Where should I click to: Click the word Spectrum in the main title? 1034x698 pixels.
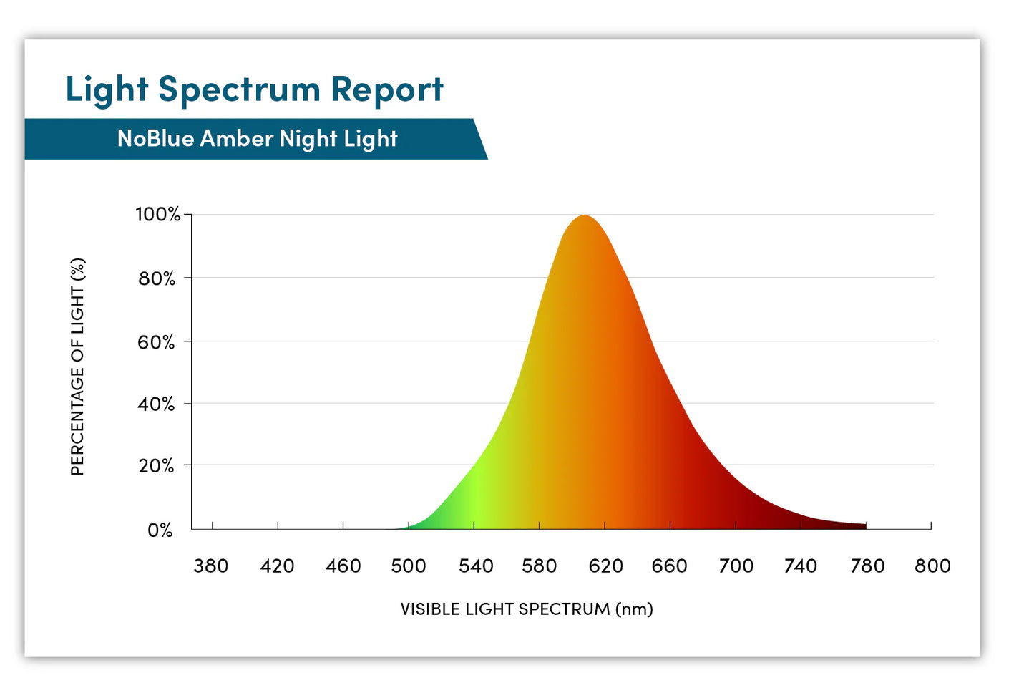239,91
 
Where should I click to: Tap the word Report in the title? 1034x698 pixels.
387,91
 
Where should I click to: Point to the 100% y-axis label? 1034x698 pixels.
157,214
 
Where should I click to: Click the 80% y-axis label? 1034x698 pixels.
157,278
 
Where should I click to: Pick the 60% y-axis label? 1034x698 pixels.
156,342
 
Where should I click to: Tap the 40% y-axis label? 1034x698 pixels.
156,404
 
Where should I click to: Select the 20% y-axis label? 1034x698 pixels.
156,466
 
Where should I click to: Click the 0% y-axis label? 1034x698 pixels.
160,530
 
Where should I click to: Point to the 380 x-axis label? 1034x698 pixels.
211,566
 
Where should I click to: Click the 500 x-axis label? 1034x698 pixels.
408,566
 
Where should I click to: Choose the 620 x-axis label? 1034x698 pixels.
605,566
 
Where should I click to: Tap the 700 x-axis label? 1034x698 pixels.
736,566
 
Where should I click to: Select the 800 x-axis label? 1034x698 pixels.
932,566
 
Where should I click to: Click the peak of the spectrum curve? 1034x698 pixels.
585,216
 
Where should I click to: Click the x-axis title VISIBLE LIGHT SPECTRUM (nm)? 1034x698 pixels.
526,609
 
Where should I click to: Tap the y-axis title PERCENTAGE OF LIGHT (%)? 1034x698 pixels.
77,367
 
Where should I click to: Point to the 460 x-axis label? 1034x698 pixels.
343,566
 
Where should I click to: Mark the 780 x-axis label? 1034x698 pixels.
867,566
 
